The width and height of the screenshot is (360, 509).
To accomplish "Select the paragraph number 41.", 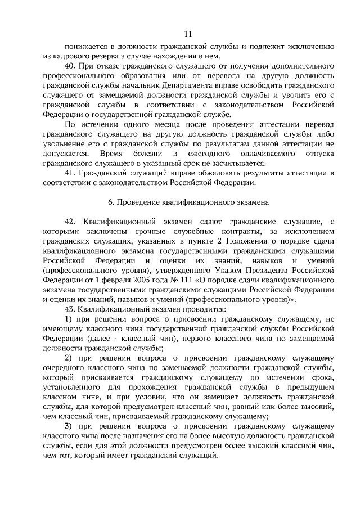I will coord(70,173).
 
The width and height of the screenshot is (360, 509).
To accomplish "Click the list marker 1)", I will coord(69,319).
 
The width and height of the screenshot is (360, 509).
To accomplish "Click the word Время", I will coord(112,154).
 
